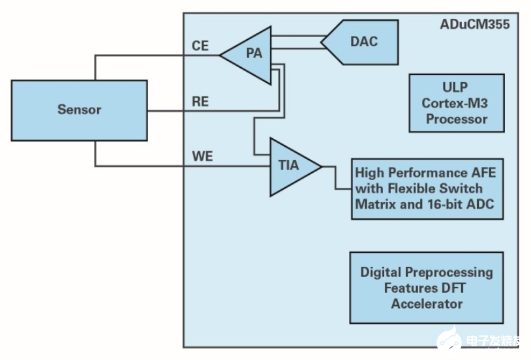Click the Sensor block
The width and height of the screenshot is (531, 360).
pyautogui.click(x=79, y=109)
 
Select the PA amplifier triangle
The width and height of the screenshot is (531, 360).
pyautogui.click(x=251, y=55)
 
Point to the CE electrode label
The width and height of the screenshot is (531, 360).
pyautogui.click(x=200, y=46)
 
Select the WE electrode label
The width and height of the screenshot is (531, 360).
pyautogui.click(x=202, y=157)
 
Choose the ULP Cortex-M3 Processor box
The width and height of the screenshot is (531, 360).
pyautogui.click(x=455, y=103)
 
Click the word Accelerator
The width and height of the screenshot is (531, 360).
pyautogui.click(x=427, y=304)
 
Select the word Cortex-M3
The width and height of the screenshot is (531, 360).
pyautogui.click(x=455, y=103)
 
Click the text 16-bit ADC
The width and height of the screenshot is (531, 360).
pyautogui.click(x=460, y=204)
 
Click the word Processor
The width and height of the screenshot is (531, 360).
pyautogui.click(x=455, y=119)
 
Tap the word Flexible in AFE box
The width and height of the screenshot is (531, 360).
pyautogui.click(x=408, y=188)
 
